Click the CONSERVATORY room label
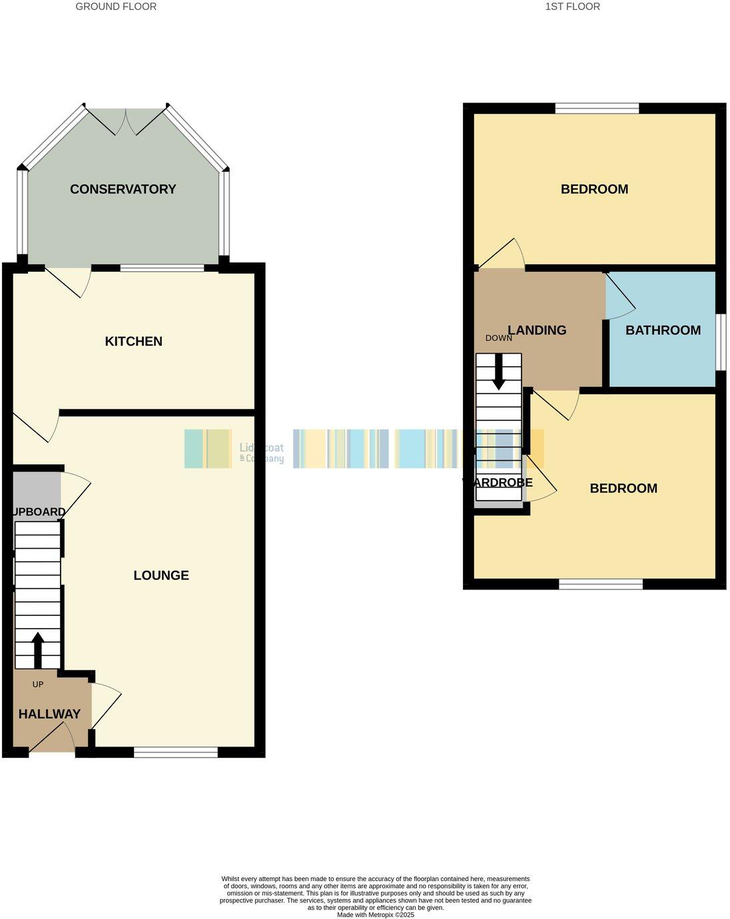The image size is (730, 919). (123, 189)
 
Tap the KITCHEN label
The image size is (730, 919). (134, 342)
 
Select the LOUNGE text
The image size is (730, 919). (161, 575)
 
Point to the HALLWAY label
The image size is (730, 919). (49, 714)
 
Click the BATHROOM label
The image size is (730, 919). (663, 330)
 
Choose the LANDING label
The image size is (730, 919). (538, 330)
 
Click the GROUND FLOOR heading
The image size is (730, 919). (116, 7)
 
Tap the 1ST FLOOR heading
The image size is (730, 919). (572, 7)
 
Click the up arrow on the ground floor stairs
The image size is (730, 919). (37, 649)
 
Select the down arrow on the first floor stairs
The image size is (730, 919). (498, 372)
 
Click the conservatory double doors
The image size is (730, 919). (126, 121)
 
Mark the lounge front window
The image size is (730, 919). (176, 753)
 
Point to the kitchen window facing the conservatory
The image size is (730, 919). (162, 268)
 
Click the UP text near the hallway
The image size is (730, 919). (38, 685)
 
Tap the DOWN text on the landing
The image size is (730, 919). (498, 338)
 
